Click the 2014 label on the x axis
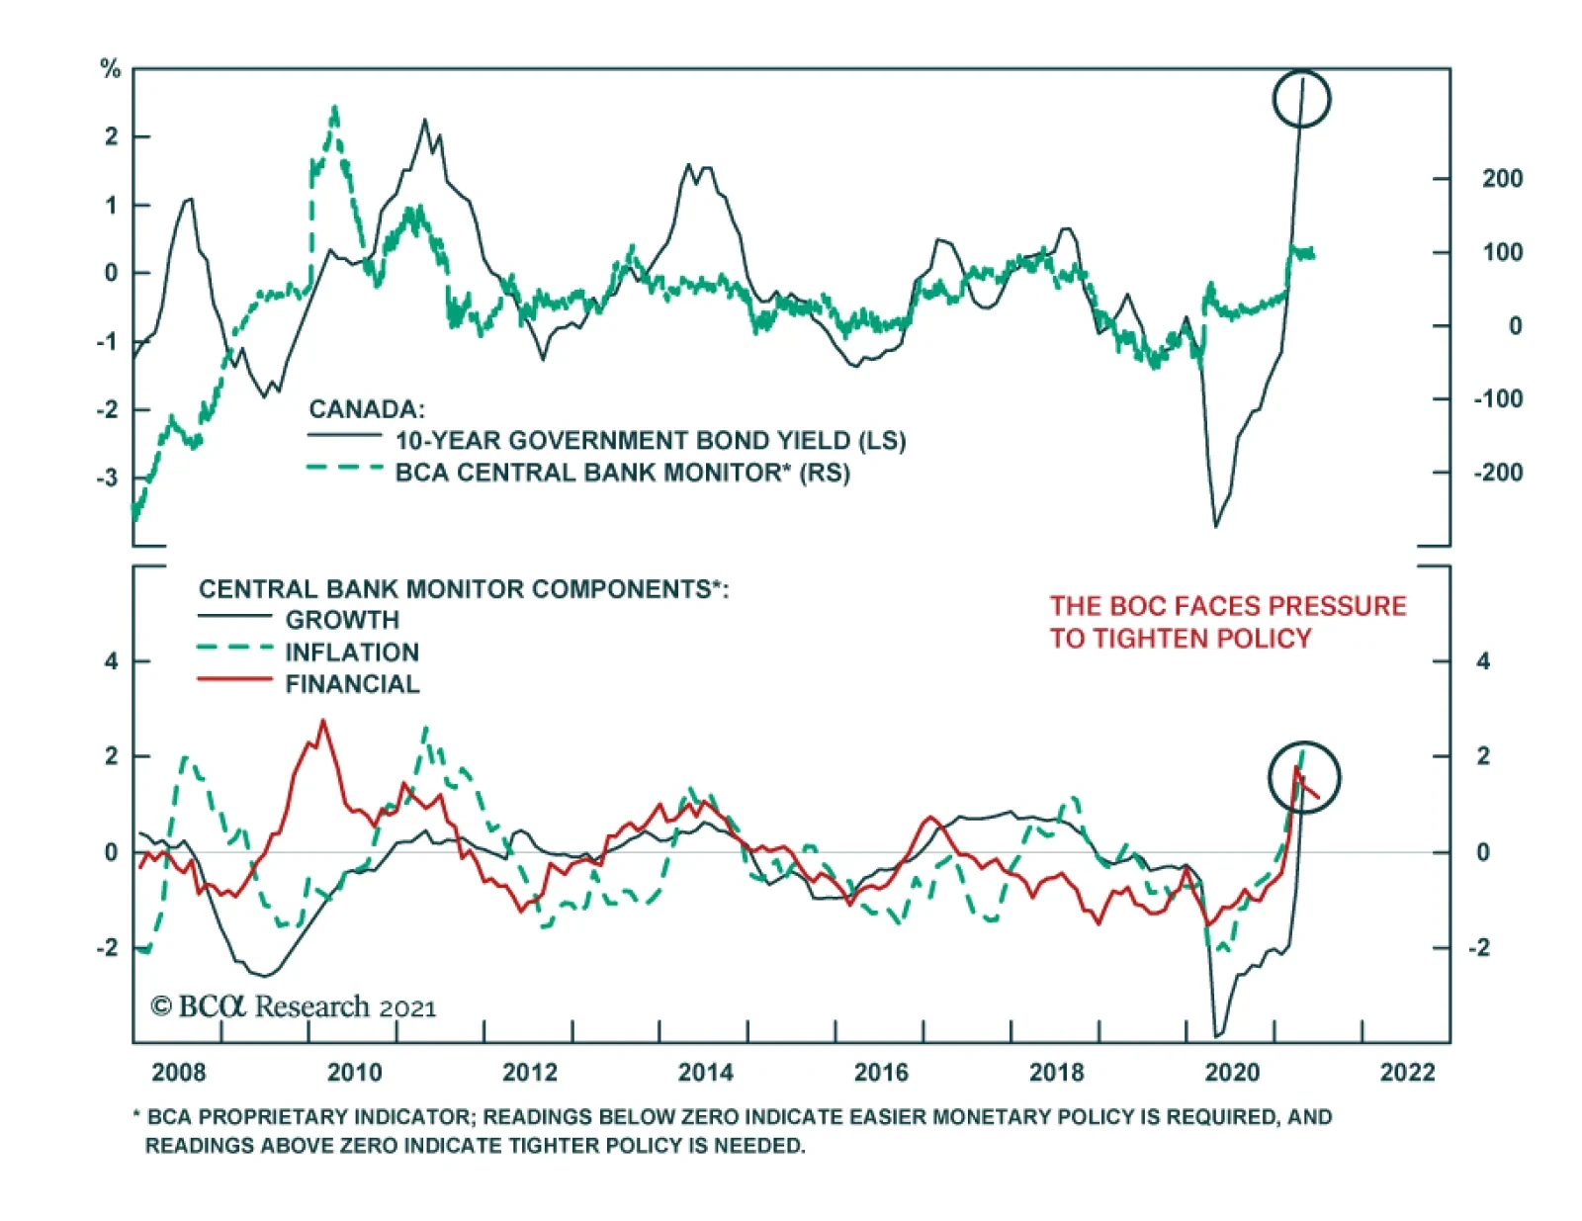(705, 1073)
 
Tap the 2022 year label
(1407, 1073)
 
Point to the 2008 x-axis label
(179, 1073)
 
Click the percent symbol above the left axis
(110, 69)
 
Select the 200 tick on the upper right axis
(1501, 179)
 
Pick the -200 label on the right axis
(1497, 473)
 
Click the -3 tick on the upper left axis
(108, 478)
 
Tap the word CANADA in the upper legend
(366, 409)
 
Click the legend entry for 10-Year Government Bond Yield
(651, 441)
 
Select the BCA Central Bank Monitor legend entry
(622, 473)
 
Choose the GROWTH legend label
(342, 620)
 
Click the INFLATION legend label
(352, 653)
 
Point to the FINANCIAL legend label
(352, 684)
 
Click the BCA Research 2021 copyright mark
(293, 1006)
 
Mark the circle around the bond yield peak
(1301, 99)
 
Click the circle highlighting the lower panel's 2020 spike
(1304, 777)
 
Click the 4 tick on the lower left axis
(111, 661)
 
